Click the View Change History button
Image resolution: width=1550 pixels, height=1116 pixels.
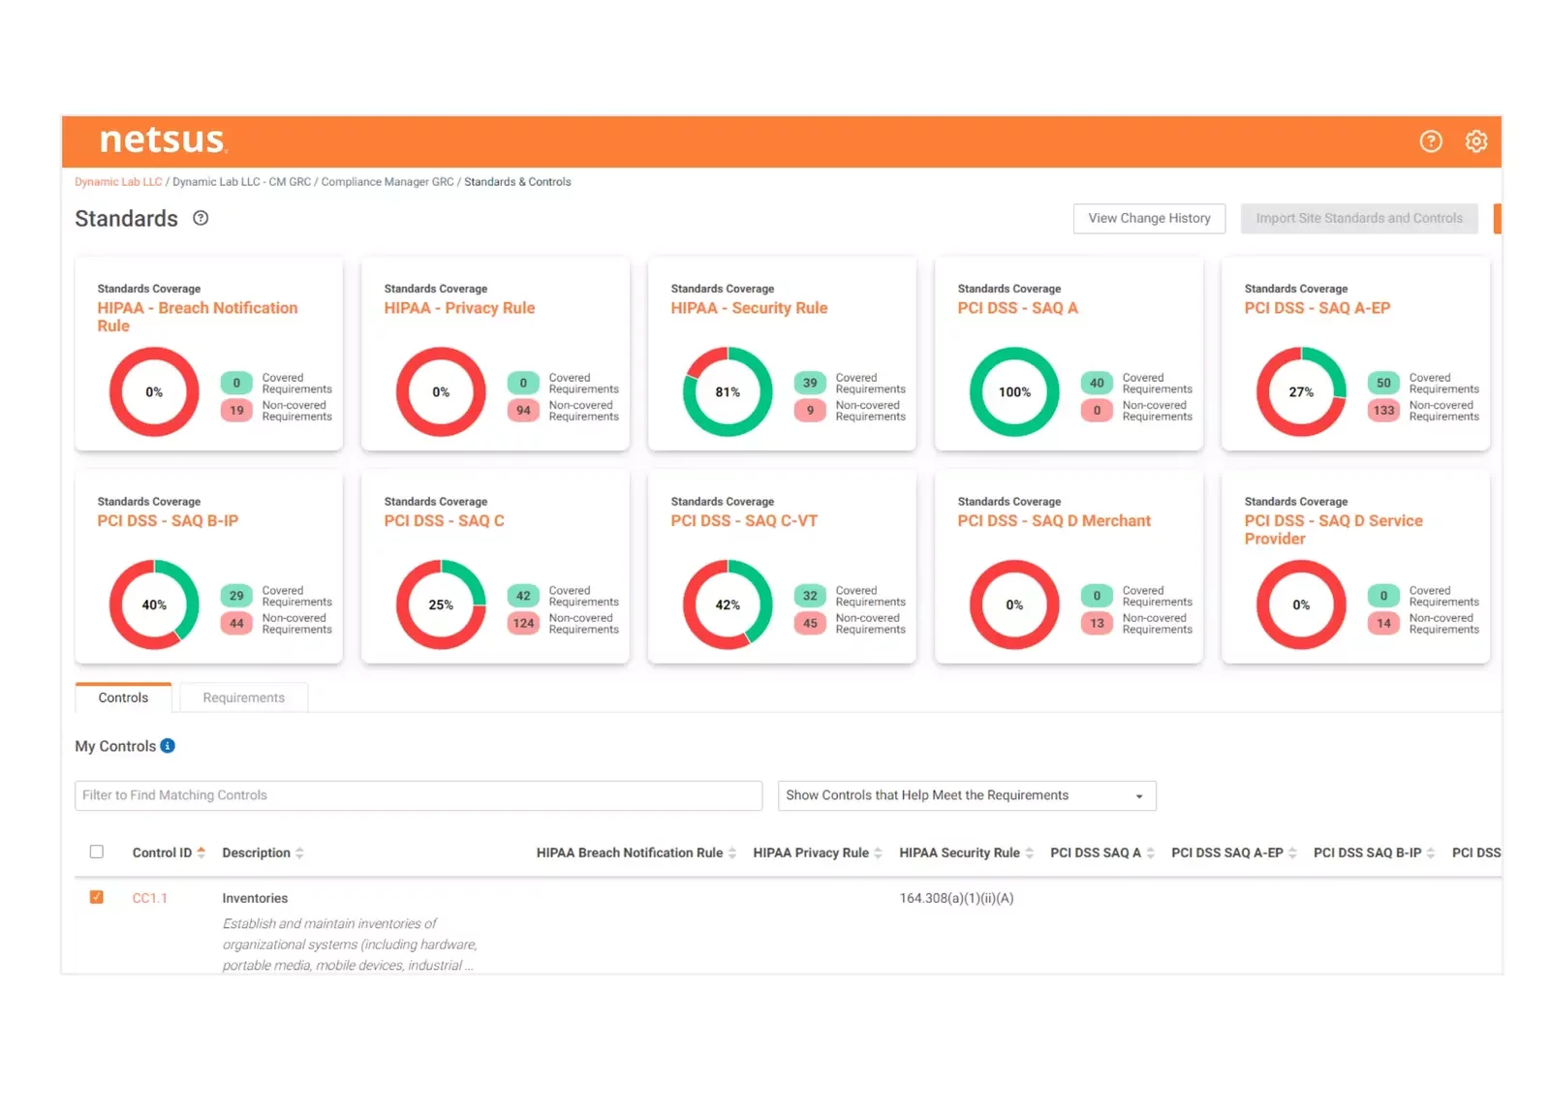pos(1149,218)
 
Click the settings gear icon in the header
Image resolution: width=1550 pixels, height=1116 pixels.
pos(1475,141)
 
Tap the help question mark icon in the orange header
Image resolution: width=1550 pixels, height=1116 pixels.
pos(1431,141)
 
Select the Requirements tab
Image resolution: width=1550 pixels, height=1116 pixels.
pos(243,697)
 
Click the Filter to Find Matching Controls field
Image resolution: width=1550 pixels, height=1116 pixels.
pos(418,795)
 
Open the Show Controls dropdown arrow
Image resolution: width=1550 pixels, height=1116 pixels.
pos(1139,796)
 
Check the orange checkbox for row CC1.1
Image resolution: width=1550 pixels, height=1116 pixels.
pos(97,897)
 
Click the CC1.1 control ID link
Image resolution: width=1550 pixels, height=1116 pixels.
pos(150,898)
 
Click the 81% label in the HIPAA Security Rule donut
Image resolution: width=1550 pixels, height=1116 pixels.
pos(728,392)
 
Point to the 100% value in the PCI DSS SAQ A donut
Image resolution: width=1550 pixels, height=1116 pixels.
pos(1014,392)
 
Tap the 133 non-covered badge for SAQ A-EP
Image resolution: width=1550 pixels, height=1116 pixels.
pos(1383,411)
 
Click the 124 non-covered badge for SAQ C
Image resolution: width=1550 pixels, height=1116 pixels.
pos(523,623)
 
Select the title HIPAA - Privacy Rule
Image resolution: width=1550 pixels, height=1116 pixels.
pos(459,308)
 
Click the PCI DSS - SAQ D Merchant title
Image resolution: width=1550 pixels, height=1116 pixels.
pos(1054,520)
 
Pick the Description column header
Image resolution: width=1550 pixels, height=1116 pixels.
pos(256,852)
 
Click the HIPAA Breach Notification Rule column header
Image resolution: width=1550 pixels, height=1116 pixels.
pos(630,852)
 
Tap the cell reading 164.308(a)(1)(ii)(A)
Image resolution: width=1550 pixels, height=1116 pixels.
pos(956,898)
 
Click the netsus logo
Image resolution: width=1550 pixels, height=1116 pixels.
pos(163,140)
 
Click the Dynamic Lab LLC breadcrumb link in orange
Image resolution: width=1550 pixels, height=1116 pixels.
pos(118,182)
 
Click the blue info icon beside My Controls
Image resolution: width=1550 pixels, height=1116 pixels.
pos(168,746)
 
